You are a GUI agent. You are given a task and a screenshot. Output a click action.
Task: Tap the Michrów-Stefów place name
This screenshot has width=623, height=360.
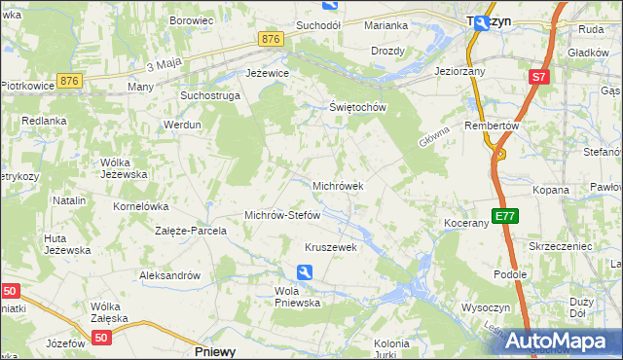click(x=282, y=215)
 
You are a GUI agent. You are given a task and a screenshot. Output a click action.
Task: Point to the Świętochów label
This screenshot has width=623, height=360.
click(x=358, y=107)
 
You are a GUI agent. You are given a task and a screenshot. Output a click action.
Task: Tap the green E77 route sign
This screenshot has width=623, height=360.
click(x=503, y=216)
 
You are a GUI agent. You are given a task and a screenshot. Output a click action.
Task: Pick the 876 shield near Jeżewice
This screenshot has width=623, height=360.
click(x=272, y=38)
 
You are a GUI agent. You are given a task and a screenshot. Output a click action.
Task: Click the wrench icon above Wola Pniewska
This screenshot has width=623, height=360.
click(x=306, y=273)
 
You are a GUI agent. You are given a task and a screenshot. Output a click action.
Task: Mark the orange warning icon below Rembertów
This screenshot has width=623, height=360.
click(x=500, y=152)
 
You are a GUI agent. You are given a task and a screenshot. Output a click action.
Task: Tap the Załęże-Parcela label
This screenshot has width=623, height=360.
click(x=191, y=232)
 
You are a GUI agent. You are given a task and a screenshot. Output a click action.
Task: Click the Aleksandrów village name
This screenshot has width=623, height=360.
click(x=170, y=275)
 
